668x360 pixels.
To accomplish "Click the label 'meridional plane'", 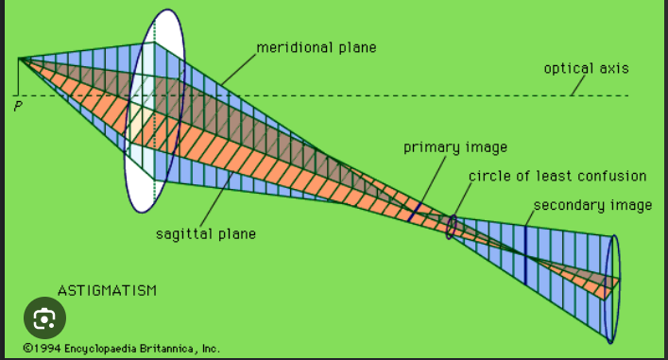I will click(x=316, y=47).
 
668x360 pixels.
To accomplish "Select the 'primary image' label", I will click(x=454, y=147).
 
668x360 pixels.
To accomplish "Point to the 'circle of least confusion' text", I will click(x=557, y=177).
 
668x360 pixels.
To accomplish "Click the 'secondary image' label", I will click(x=591, y=205).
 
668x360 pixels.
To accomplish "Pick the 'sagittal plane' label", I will click(x=205, y=233).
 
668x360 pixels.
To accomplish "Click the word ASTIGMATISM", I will click(x=107, y=289).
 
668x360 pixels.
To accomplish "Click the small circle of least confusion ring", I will click(x=452, y=226).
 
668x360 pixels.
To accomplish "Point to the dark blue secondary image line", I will click(x=525, y=253).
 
